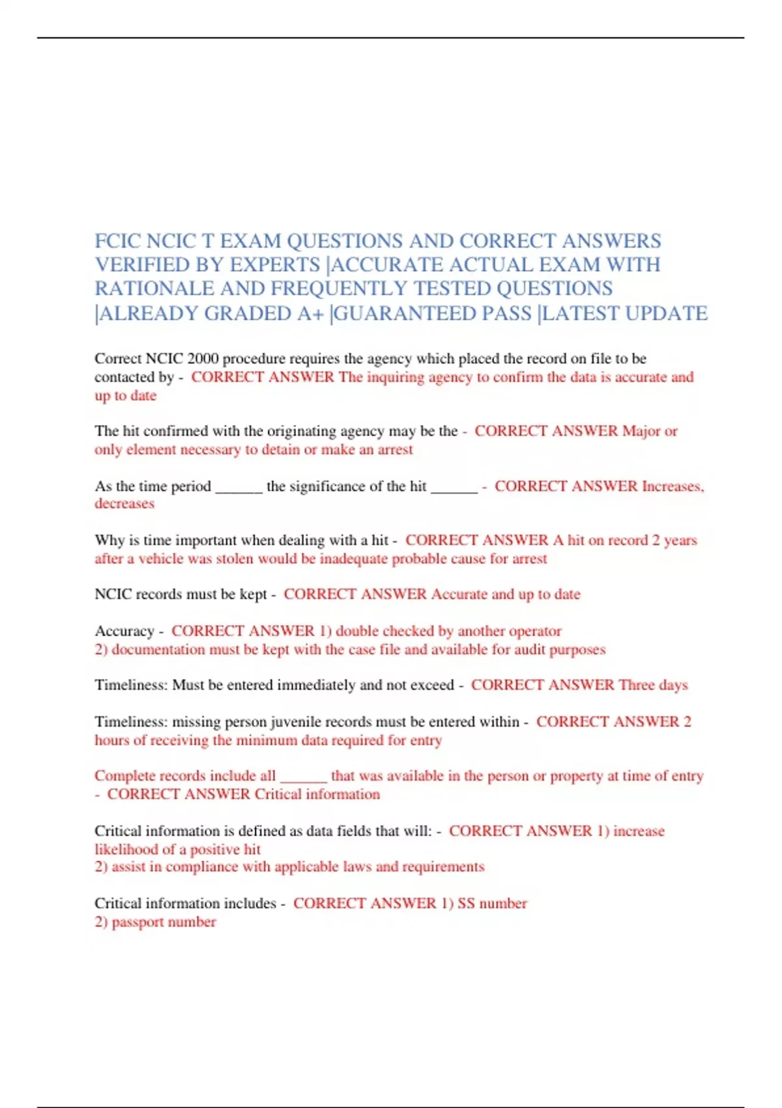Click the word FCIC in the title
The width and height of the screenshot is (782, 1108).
(x=118, y=241)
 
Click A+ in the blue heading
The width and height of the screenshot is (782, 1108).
(x=310, y=313)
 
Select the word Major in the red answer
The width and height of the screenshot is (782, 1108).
(x=641, y=431)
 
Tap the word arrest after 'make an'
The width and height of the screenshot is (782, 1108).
(x=395, y=449)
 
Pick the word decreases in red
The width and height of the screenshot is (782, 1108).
(x=124, y=503)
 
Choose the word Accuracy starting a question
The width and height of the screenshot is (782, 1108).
(x=124, y=631)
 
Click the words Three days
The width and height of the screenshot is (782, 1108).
(x=653, y=685)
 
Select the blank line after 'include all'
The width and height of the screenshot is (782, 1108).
(x=303, y=777)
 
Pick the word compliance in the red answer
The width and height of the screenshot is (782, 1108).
(x=202, y=867)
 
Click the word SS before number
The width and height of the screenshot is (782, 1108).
(x=466, y=903)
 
